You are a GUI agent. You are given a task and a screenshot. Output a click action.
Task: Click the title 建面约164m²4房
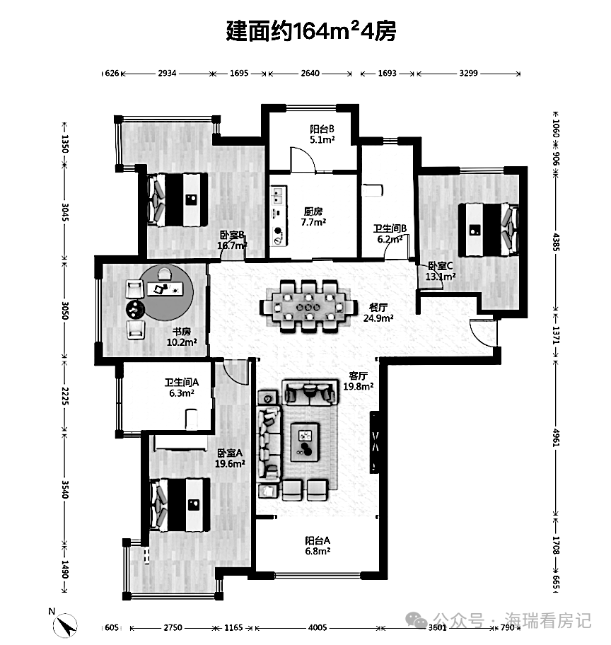point(311,31)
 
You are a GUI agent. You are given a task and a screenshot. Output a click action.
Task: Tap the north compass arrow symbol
point(65,625)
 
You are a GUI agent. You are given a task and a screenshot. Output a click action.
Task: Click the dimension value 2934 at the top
point(167,74)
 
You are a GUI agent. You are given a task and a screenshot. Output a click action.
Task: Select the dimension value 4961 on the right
point(556,438)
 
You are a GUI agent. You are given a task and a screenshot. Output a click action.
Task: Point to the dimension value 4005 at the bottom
point(318,628)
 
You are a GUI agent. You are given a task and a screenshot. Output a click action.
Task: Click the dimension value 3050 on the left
point(65,310)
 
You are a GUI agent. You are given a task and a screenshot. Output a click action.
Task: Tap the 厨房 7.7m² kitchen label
point(313,217)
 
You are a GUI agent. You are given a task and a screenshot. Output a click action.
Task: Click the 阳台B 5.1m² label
point(322,134)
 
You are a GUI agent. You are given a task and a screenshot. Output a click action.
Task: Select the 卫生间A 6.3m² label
point(182,388)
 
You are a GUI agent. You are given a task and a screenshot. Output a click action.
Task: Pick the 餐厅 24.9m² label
point(378,313)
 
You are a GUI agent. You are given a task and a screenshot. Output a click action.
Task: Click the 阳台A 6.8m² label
point(318,546)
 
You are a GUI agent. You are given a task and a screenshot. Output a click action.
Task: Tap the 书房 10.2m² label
point(182,337)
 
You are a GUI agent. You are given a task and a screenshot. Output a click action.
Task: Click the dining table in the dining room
point(308,307)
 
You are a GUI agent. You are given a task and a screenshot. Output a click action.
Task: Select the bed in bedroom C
point(488,230)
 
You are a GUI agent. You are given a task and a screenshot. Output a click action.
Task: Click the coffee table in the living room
point(305,442)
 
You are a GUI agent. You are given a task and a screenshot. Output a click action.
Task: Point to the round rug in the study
point(165,293)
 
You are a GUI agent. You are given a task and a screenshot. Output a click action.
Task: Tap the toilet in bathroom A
point(192,419)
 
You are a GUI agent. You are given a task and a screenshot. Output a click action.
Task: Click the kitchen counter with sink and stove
point(279,216)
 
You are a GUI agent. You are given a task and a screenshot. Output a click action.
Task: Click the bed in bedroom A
point(180,505)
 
